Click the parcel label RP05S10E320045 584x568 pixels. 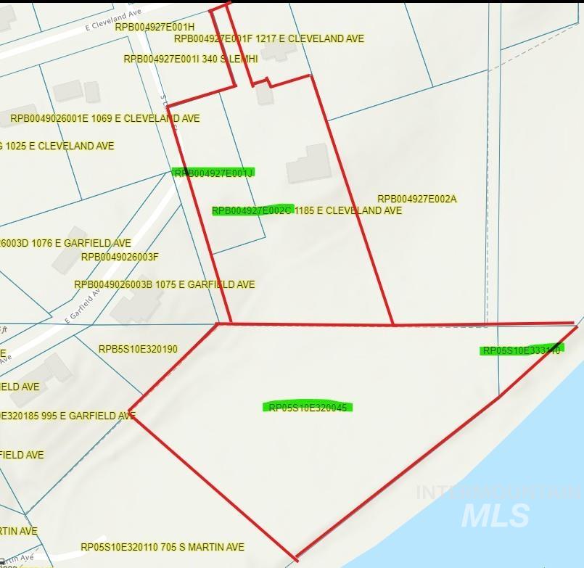pos(307,408)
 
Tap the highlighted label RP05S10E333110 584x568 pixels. pos(522,350)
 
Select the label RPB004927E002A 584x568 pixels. pos(417,199)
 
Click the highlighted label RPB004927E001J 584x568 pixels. pos(213,173)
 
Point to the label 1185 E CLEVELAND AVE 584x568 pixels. pos(348,210)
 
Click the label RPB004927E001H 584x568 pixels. pos(155,27)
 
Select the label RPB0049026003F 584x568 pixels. pos(120,257)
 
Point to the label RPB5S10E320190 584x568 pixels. pos(138,349)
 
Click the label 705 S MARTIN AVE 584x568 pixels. pos(197,547)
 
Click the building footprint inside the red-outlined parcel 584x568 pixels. pos(309,164)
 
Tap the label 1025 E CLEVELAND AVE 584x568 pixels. pos(62,146)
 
